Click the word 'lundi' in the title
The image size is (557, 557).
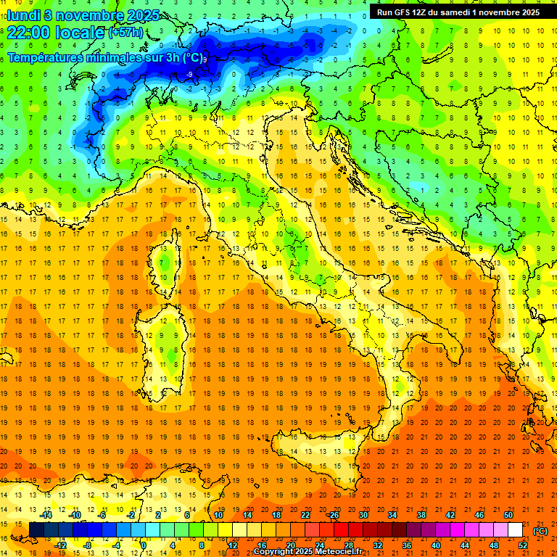pyautogui.click(x=23, y=15)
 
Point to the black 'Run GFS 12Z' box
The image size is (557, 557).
pyautogui.click(x=458, y=12)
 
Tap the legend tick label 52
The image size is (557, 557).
pyautogui.click(x=523, y=545)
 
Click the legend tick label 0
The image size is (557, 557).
pyautogui.click(x=143, y=545)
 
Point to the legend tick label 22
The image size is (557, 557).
pyautogui.click(x=305, y=515)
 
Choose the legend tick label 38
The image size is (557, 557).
pyautogui.click(x=421, y=515)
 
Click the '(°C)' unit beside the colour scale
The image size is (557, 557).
pyautogui.click(x=540, y=530)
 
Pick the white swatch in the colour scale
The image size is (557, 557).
pyautogui.click(x=516, y=530)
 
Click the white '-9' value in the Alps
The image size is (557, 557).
pyautogui.click(x=189, y=74)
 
